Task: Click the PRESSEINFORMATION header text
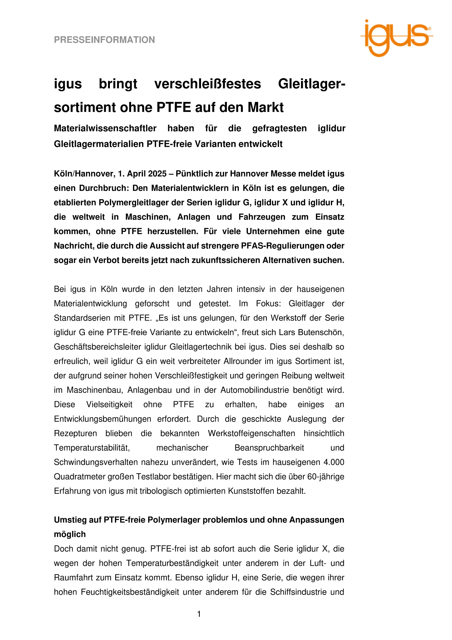pos(104,40)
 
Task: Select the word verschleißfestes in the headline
pos(208,84)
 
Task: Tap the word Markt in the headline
pos(266,107)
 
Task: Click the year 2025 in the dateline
pos(157,174)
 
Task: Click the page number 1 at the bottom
pos(199,614)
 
